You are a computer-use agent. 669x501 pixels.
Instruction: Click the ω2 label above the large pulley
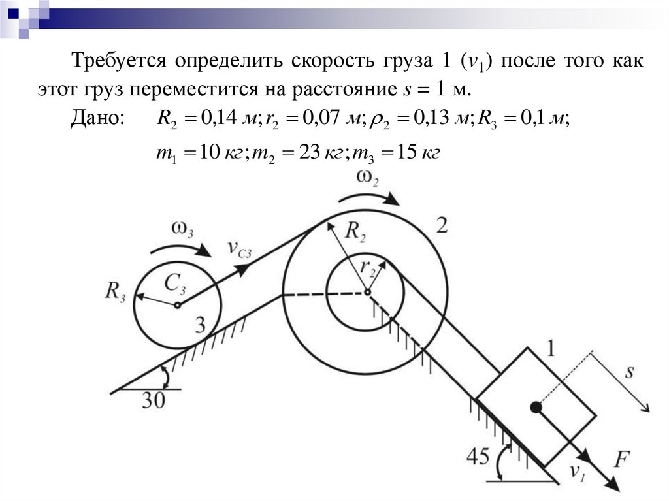coord(368,178)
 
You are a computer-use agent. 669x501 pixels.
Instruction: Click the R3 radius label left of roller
coord(115,289)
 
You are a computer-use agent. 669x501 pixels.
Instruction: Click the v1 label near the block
coord(577,472)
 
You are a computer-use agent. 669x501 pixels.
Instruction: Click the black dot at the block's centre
coord(536,408)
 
